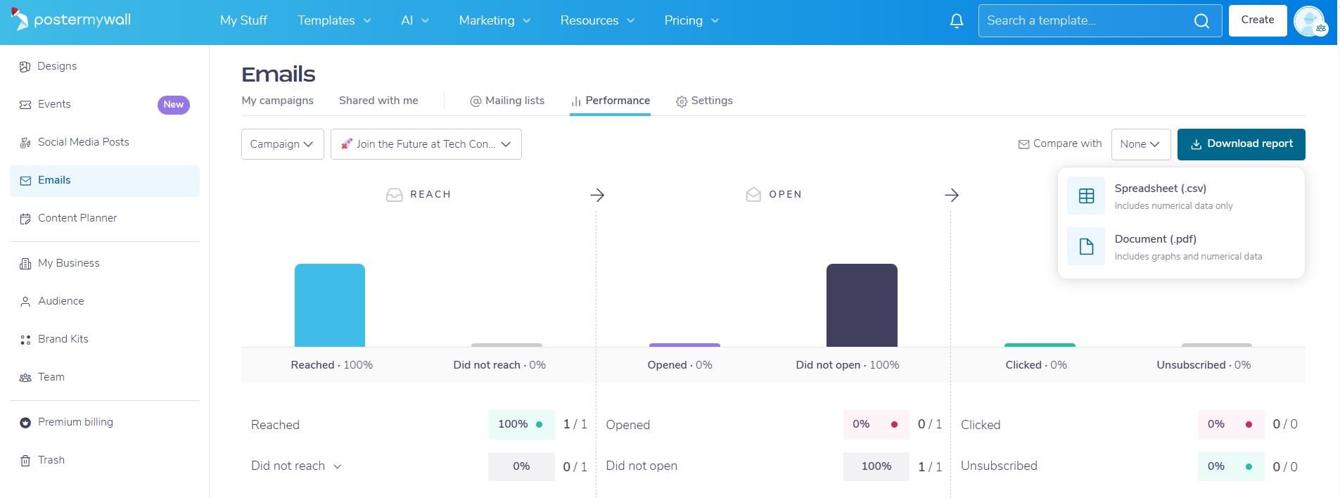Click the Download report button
tap(1241, 144)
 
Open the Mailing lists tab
tap(507, 101)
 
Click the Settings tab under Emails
tap(704, 101)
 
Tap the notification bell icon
tap(957, 21)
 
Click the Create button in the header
tap(1258, 20)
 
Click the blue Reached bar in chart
tap(330, 305)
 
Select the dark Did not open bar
tap(862, 305)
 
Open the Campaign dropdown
tap(283, 144)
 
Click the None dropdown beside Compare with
tap(1141, 144)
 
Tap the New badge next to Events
tap(174, 105)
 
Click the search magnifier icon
tap(1202, 21)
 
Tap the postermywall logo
tap(71, 20)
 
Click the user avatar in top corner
tap(1310, 21)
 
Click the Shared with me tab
tap(378, 101)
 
